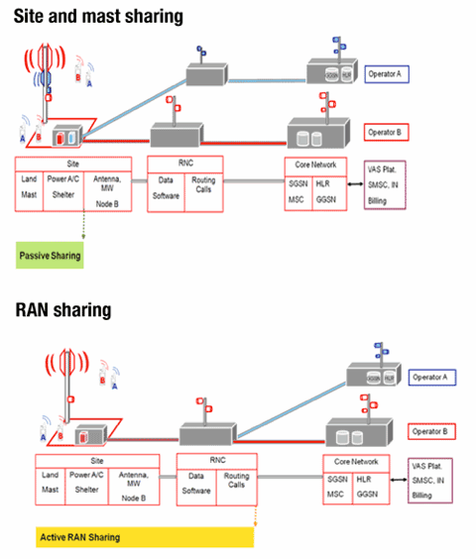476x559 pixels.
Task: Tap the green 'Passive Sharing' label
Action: [50, 257]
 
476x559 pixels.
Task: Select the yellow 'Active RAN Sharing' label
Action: [79, 536]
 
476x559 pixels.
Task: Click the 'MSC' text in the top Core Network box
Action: [295, 199]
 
